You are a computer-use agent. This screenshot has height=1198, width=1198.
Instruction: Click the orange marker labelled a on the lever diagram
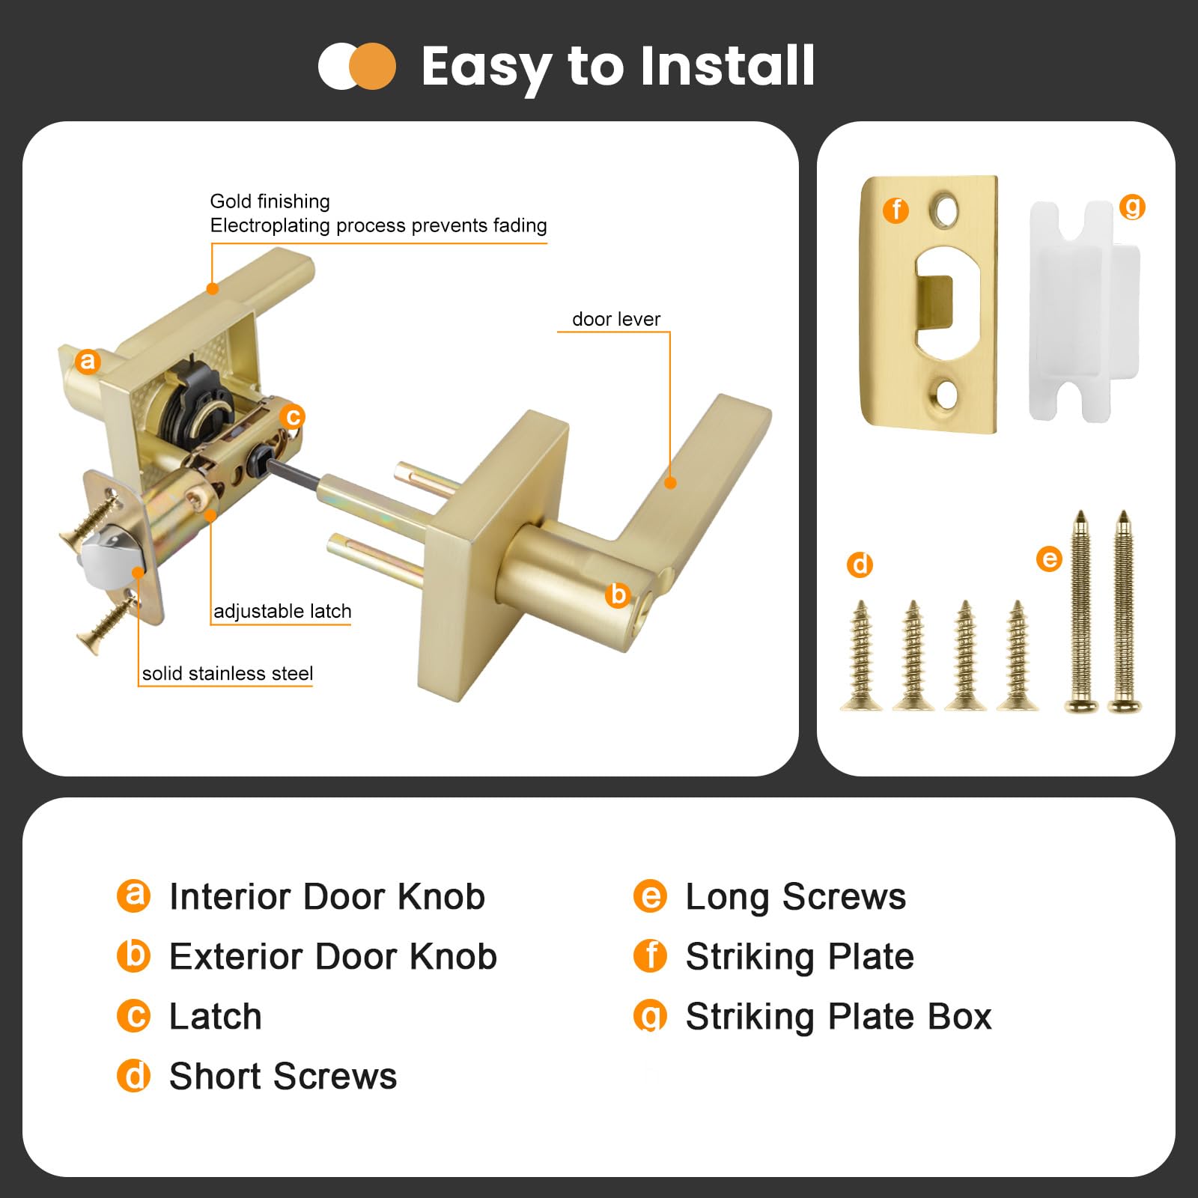[88, 361]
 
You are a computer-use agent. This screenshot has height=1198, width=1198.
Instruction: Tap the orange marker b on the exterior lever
[618, 595]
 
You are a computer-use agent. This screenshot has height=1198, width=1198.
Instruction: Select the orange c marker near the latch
[293, 416]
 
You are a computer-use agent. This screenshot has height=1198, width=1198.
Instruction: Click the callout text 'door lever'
[616, 319]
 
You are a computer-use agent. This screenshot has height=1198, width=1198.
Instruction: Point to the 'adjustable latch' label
[282, 611]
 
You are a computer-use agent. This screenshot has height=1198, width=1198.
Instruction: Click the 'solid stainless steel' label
[228, 673]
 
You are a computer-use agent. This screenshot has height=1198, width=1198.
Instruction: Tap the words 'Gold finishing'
[270, 201]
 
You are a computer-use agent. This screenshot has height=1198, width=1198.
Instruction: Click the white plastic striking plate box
[1084, 311]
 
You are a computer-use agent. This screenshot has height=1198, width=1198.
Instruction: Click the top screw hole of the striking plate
[945, 211]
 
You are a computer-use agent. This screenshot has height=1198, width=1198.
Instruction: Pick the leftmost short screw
[862, 655]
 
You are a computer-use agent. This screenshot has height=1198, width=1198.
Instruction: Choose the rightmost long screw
[1124, 611]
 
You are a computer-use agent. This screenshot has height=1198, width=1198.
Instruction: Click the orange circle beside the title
[372, 67]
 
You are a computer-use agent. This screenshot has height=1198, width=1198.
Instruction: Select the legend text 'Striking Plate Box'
[839, 1017]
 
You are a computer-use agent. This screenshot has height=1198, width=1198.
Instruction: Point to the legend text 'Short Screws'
[283, 1076]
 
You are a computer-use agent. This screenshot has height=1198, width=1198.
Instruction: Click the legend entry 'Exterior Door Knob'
[333, 956]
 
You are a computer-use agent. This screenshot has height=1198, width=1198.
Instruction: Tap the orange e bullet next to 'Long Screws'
[650, 896]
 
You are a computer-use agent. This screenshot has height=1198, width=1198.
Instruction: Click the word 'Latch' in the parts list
[216, 1016]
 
